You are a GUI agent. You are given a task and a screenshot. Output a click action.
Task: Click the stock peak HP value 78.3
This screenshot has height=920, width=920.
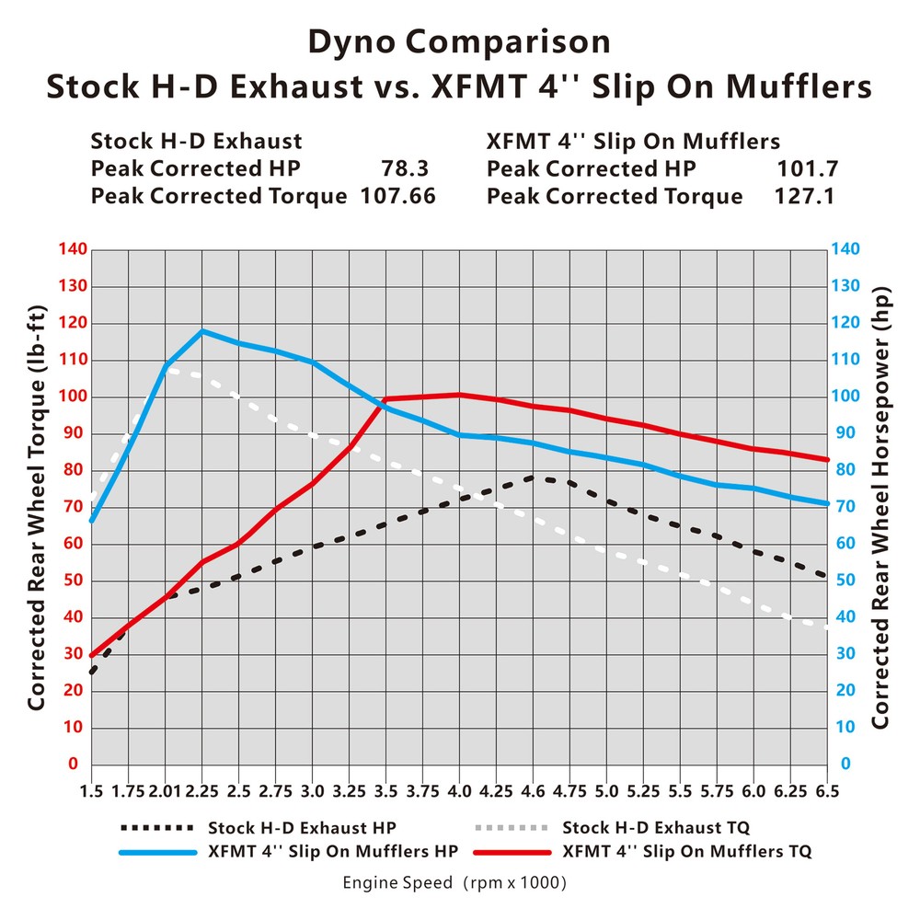405,169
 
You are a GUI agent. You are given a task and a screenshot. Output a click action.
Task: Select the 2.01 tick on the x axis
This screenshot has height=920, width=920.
165,791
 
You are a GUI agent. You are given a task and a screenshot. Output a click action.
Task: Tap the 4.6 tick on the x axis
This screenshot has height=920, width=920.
533,791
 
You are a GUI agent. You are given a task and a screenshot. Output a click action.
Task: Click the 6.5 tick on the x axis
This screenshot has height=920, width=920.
827,791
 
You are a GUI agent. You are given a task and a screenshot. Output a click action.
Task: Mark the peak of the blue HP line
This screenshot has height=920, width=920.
201,330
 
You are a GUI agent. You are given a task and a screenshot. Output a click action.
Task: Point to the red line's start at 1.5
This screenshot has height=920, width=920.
92,655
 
